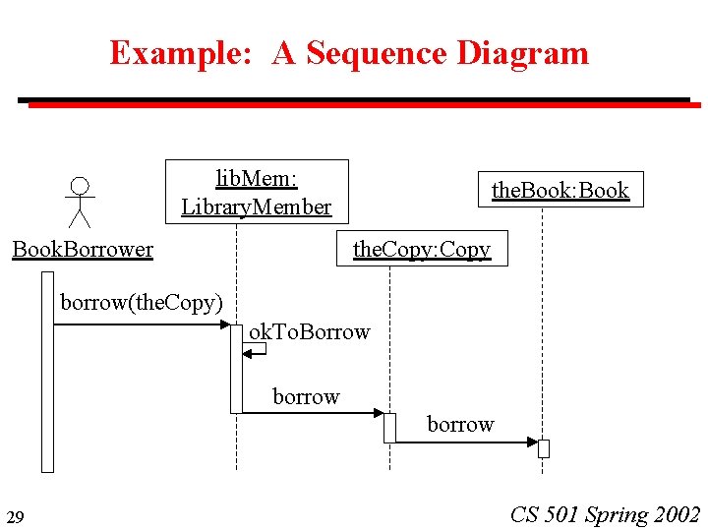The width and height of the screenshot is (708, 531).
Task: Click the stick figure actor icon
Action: coord(80,202)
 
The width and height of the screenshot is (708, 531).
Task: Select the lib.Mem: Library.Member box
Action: coord(256,192)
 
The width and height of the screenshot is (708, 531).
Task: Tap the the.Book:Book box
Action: coord(560,190)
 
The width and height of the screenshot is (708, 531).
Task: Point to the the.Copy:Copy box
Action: coord(422,249)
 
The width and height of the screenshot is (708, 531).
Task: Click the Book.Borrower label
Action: coord(83,249)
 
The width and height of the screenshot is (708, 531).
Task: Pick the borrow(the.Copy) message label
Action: coord(142,302)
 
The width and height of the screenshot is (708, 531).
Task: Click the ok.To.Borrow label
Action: coord(309,331)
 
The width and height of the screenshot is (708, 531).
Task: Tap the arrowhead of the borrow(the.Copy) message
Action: coord(225,324)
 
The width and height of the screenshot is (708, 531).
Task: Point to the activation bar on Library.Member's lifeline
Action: coord(236,369)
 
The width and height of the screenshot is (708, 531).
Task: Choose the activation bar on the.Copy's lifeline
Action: coord(389,428)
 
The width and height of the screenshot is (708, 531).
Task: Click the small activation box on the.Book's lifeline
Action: coord(543,448)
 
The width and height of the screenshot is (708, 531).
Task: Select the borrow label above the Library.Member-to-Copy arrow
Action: coord(306,396)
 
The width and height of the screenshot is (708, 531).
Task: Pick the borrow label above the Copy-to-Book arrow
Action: coord(460,424)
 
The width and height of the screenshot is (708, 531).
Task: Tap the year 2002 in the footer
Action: coord(675,514)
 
